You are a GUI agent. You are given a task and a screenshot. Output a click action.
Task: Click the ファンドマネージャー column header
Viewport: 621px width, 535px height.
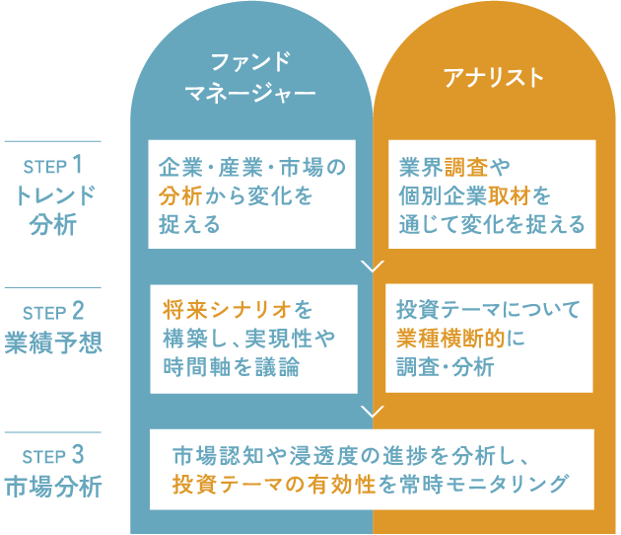(x=250, y=78)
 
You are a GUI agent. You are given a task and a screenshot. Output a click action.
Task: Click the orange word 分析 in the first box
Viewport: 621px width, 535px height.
(x=180, y=195)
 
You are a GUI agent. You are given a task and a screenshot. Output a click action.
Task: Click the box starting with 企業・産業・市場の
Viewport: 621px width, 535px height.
(x=252, y=195)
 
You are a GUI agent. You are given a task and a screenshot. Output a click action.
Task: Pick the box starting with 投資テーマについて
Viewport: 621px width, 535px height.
(x=488, y=338)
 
